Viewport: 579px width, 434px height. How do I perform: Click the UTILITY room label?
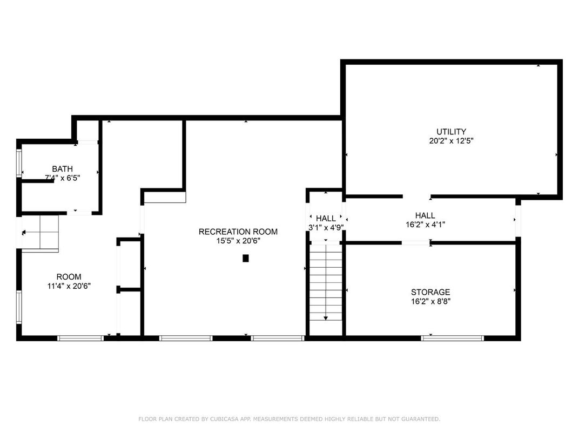451,132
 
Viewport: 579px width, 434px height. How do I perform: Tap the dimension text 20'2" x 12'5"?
451,141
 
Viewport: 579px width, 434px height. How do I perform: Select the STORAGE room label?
430,292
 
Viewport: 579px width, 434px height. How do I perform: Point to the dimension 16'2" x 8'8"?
430,301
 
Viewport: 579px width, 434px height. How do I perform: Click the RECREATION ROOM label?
238,232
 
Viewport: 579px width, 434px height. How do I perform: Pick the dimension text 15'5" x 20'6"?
238,241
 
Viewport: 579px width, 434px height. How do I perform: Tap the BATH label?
62,169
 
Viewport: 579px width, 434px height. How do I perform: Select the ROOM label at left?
69,277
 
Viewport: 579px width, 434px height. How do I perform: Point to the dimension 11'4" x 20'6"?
69,286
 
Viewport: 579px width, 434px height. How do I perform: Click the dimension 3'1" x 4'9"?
326,227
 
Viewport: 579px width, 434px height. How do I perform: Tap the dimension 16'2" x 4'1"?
425,225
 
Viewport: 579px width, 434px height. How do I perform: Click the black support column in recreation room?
246,259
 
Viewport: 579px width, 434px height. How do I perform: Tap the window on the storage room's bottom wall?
453,338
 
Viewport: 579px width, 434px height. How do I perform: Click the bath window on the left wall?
19,163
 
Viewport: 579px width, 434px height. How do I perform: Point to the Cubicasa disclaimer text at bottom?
289,419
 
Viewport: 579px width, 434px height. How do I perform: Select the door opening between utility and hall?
416,196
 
